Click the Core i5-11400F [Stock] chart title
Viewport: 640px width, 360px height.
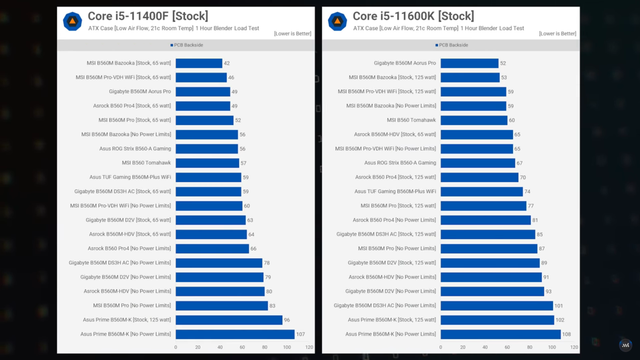point(148,16)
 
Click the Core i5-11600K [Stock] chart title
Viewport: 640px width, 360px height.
point(413,16)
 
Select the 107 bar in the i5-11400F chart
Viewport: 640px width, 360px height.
point(235,334)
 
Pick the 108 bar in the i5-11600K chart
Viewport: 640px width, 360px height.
point(500,334)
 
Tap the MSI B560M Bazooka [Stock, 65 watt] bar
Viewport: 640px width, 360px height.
point(199,63)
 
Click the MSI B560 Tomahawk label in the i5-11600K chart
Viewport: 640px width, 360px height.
point(411,120)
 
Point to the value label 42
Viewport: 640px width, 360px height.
point(227,63)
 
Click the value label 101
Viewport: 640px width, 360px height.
point(558,306)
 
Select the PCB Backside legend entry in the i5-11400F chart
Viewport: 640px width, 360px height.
point(187,45)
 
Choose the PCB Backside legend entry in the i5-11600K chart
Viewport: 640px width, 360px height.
point(452,45)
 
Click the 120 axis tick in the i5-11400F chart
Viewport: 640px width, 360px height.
point(309,347)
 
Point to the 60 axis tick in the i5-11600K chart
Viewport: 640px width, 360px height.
point(507,347)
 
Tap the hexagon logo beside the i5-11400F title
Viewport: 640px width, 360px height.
point(72,22)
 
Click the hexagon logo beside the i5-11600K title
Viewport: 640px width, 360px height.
point(337,22)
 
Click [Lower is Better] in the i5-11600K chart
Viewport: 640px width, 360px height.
point(557,34)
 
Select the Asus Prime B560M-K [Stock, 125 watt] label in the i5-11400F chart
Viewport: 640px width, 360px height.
point(127,320)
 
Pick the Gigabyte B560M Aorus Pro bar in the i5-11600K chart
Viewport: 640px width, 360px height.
point(469,63)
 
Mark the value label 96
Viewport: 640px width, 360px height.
point(287,320)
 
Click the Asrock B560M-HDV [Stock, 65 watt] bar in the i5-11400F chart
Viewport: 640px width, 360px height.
point(211,234)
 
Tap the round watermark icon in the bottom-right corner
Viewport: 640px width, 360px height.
point(625,345)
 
